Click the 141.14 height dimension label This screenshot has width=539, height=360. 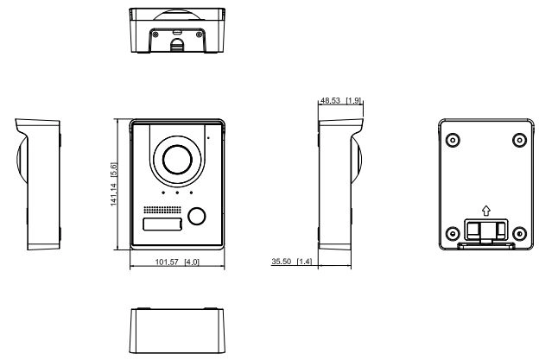click(114, 184)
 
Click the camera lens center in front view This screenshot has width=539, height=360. click(177, 160)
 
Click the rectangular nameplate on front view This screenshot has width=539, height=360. click(162, 224)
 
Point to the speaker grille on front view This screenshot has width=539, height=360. click(162, 210)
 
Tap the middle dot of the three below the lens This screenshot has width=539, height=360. click(177, 193)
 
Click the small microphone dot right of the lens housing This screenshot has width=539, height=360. click(208, 138)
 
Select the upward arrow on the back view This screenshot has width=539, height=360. click(485, 211)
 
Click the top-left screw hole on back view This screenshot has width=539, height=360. click(453, 140)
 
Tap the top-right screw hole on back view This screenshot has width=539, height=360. click(519, 140)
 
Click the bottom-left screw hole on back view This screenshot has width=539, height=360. click(453, 234)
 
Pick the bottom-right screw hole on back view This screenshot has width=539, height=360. click(519, 234)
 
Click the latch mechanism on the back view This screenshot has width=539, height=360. click(486, 231)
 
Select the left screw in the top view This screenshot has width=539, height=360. click(155, 35)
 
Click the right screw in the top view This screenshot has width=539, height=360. click(199, 35)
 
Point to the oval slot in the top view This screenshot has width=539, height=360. click(177, 32)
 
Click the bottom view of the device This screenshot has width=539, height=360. click(177, 331)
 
